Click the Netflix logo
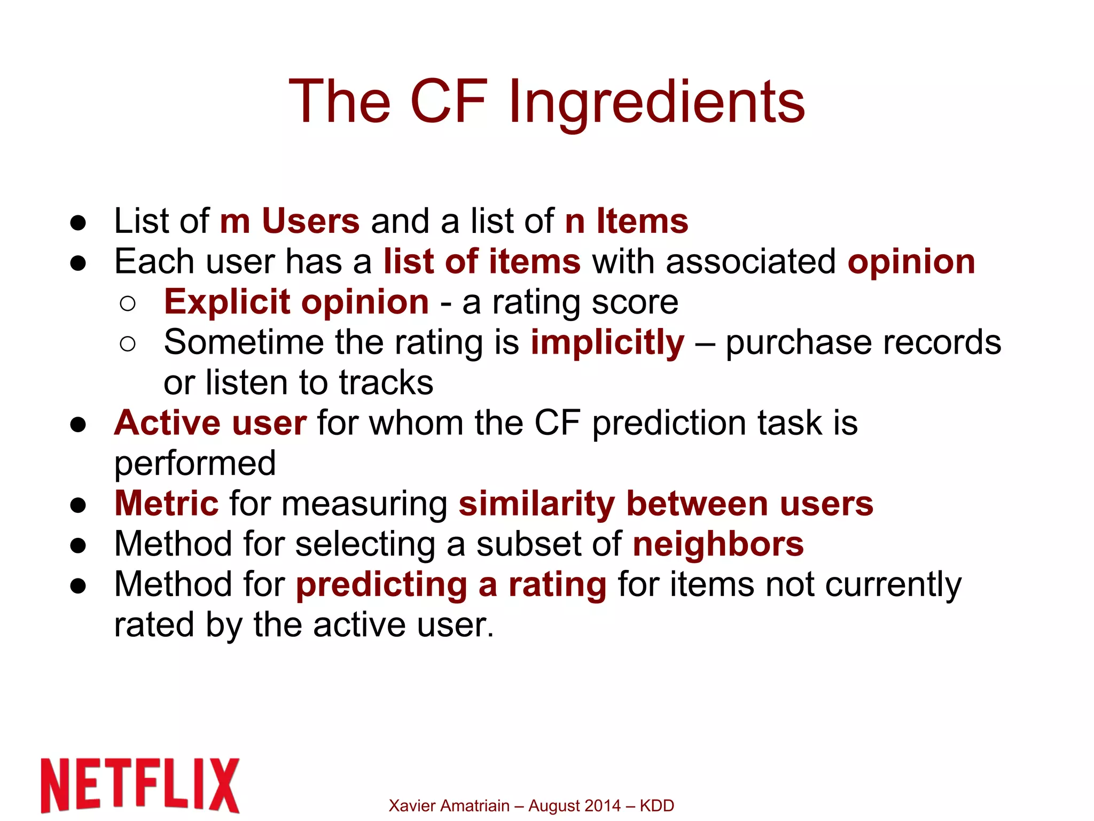140,785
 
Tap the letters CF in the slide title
448,101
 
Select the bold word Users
310,221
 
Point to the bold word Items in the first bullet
642,221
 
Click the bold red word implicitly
607,342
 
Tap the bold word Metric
166,504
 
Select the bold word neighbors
718,544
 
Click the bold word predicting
381,585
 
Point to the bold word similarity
536,504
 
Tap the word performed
195,464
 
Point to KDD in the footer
657,806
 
